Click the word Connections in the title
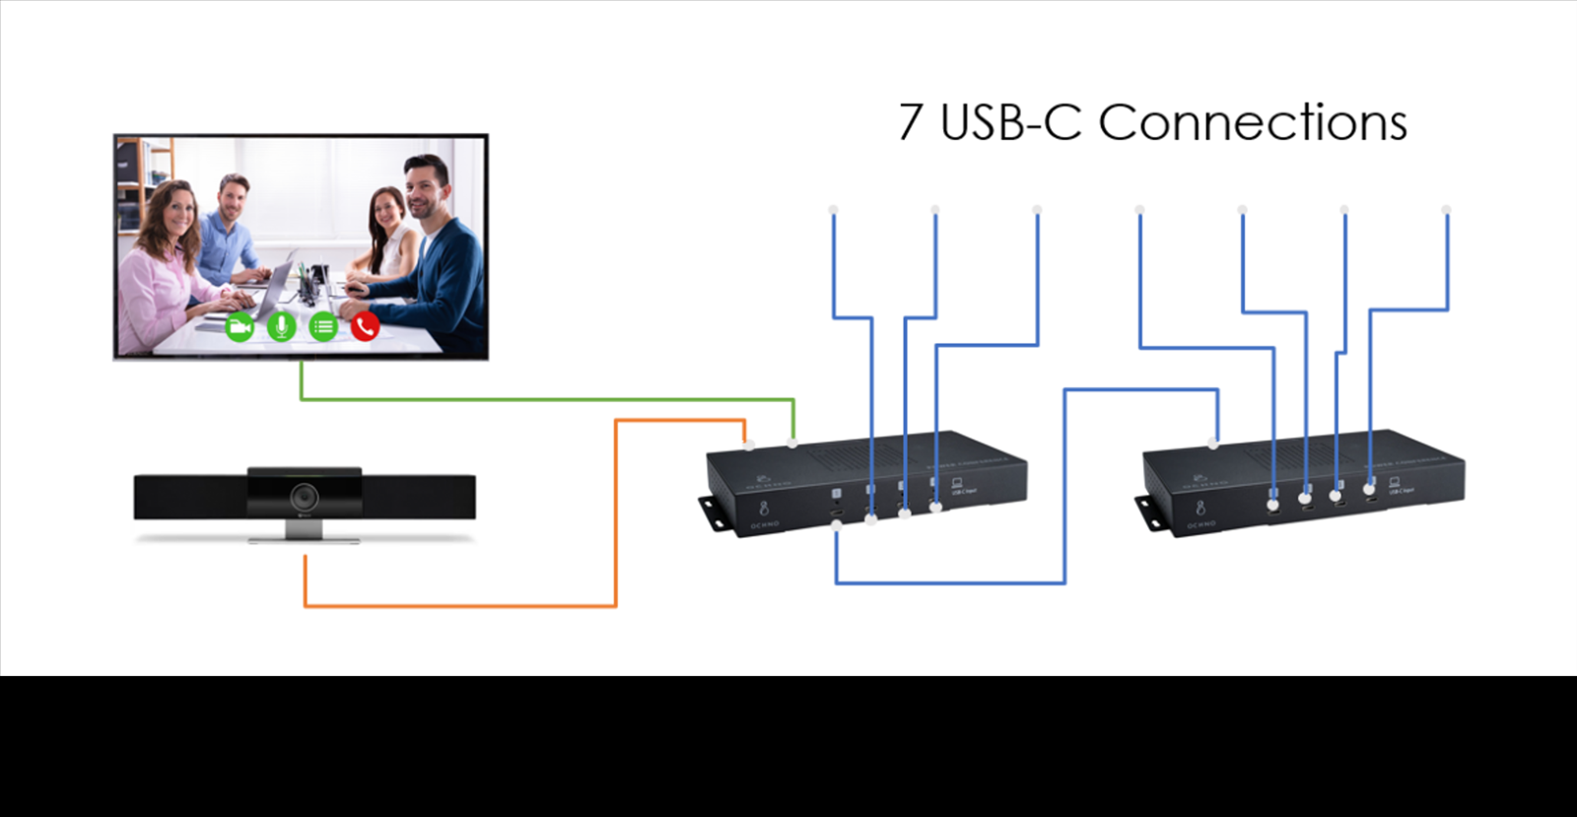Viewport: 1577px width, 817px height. click(1252, 123)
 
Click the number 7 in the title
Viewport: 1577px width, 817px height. click(912, 123)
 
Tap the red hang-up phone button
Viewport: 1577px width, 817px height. click(365, 326)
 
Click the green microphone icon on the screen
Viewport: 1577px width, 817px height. click(281, 326)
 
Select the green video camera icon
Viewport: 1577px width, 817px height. click(240, 326)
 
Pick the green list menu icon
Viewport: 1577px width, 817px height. click(323, 326)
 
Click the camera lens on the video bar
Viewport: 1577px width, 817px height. click(304, 496)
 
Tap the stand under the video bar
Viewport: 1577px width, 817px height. click(304, 532)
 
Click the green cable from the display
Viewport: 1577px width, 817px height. click(542, 399)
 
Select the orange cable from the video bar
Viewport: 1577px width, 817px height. click(458, 605)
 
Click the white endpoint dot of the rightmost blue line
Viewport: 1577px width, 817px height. click(1446, 210)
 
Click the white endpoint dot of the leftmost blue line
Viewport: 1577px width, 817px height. click(833, 210)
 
